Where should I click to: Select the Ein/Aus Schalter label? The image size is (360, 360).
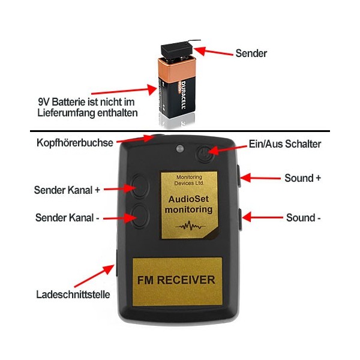(285, 144)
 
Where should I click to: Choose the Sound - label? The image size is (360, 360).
(303, 218)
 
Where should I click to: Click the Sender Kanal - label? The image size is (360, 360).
(67, 217)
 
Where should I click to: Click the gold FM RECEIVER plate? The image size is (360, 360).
(176, 280)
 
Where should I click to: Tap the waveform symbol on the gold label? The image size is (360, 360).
(188, 227)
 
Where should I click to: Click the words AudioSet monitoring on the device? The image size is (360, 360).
(188, 204)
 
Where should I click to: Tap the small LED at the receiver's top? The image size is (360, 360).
(179, 148)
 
